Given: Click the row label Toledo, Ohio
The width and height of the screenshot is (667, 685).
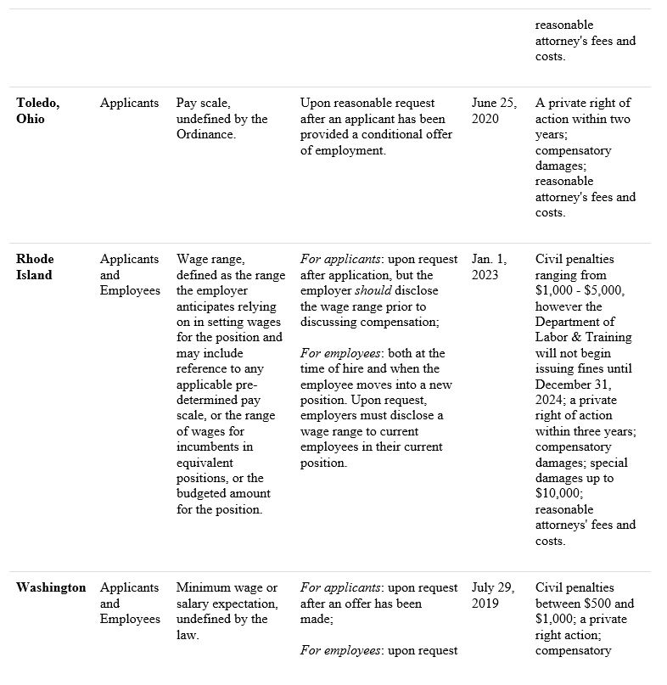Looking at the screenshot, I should (x=38, y=110).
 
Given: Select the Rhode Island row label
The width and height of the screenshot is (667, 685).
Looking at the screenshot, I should (x=35, y=267).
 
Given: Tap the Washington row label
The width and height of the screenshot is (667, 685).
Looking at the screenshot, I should (x=51, y=587).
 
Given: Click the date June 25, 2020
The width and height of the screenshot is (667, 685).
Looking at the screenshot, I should (x=493, y=110).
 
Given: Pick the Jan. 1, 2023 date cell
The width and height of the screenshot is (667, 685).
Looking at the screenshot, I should (x=489, y=267).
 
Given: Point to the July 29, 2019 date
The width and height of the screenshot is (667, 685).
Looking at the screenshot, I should (x=494, y=595).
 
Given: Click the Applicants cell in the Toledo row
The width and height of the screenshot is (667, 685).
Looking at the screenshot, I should (x=129, y=103).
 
